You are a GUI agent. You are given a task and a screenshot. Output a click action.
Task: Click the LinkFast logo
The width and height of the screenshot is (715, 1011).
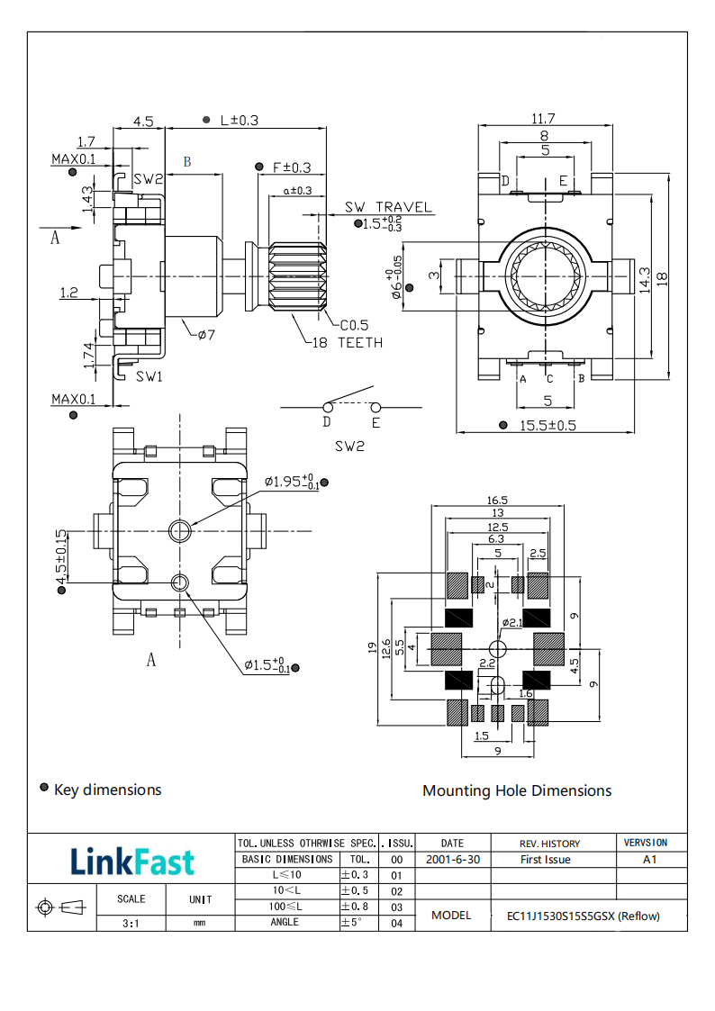[x=131, y=862]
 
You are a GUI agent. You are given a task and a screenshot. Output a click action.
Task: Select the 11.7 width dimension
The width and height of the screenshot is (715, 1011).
[x=543, y=119]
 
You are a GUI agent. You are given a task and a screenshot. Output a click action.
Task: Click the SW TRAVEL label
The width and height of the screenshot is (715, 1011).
[x=389, y=208]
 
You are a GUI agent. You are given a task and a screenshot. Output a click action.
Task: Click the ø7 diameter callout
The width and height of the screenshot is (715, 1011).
[x=206, y=335]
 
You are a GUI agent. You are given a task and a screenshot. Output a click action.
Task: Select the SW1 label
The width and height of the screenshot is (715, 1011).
[x=149, y=375]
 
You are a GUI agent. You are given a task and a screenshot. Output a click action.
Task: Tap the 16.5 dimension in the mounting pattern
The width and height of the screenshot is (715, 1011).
[x=498, y=500]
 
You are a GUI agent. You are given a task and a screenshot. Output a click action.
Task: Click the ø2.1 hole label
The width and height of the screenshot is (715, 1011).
[x=512, y=623]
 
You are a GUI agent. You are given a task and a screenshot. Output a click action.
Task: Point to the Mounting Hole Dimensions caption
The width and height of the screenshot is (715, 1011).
[x=517, y=790]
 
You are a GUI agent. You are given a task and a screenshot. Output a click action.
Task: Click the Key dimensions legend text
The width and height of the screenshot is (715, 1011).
[x=107, y=790]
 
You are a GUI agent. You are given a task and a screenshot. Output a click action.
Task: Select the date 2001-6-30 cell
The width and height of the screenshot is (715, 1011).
[x=453, y=860]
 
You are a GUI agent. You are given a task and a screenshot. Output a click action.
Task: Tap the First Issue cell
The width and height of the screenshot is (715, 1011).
[x=546, y=860]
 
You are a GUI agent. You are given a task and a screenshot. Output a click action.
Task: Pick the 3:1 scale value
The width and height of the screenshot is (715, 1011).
[x=131, y=923]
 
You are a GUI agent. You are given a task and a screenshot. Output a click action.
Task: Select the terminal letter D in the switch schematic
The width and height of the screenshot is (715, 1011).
[x=327, y=421]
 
